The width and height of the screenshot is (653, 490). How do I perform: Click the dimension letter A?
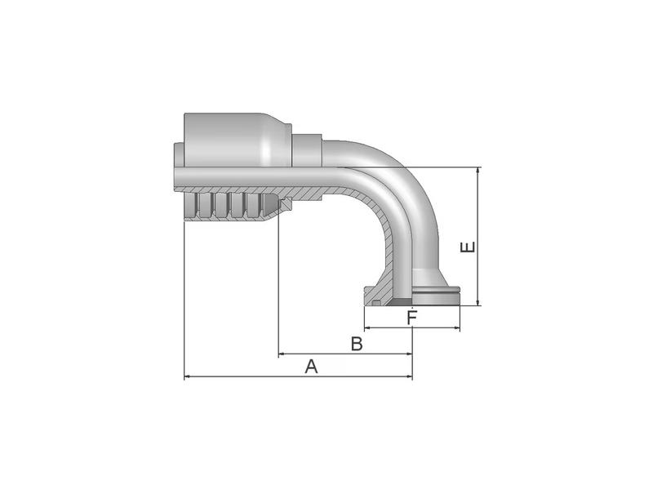tap(311, 367)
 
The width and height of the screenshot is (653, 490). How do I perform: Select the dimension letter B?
tap(357, 344)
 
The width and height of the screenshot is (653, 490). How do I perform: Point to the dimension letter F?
tap(412, 318)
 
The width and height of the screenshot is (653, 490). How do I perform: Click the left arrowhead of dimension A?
tap(188, 377)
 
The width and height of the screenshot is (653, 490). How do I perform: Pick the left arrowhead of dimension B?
tap(282, 354)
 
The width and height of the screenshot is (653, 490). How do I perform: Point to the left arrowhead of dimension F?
tap(366, 328)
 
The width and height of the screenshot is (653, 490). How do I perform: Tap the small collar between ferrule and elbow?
tap(308, 151)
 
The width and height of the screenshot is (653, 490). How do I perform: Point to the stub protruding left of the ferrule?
tap(178, 167)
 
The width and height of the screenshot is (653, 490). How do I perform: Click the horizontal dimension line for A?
tap(245, 377)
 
